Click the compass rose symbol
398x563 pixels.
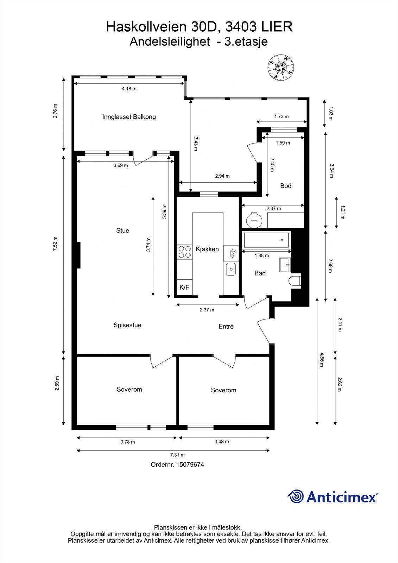pos(281,67)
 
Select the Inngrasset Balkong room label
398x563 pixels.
pos(129,117)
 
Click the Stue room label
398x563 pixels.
pos(123,230)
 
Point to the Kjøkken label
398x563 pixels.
pos(207,249)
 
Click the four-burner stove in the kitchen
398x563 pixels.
pos(184,252)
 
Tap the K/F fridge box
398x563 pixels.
pos(184,287)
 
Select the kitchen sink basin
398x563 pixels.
pos(231,269)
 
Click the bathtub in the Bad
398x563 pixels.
pos(266,240)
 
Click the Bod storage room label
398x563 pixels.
pos(286,186)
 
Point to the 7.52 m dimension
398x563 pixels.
pos(56,243)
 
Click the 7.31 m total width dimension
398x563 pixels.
pos(177,455)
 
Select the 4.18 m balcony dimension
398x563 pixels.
pos(129,88)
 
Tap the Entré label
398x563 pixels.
pos(226,326)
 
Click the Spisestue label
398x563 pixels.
pos(127,325)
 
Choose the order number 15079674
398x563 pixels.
pos(190,464)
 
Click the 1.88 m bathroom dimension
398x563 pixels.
pos(262,255)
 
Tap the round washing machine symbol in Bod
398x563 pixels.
pos(254,220)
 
